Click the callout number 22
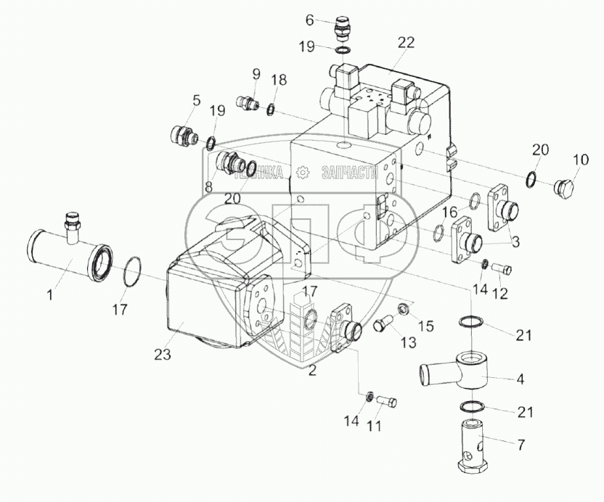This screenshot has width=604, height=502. pos(406,42)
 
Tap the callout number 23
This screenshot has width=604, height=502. pos(163,355)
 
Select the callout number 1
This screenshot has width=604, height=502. pos(49,295)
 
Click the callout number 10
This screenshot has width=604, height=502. pos(581,159)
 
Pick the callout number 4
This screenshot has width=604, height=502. pos(520,379)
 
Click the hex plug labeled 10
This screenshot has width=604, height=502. pos(564,190)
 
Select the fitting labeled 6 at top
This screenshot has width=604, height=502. pos(341,28)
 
